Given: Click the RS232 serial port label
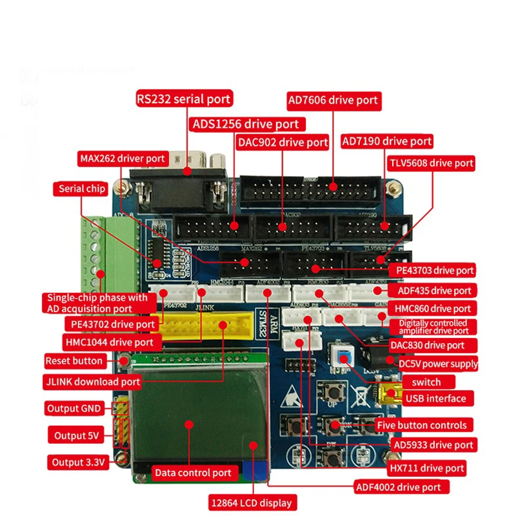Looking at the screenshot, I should tap(183, 99).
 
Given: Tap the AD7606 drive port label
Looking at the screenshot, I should tap(333, 100).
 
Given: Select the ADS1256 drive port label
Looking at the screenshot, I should tap(245, 123).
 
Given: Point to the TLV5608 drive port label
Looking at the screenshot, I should tap(430, 163).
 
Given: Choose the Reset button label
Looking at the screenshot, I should tap(74, 361).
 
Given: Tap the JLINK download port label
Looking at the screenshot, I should tap(92, 381).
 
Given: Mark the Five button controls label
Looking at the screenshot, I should tap(421, 425).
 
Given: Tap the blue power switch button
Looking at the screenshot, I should tap(341, 356).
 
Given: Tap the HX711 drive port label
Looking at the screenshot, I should tap(426, 468).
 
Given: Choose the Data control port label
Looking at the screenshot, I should tap(192, 473).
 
